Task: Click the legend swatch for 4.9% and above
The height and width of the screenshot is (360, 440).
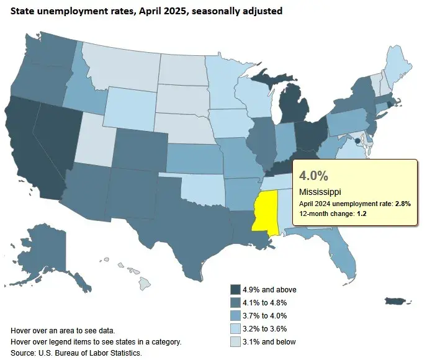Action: tap(236, 289)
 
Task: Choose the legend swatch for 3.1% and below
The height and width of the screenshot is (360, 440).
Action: tap(236, 341)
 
